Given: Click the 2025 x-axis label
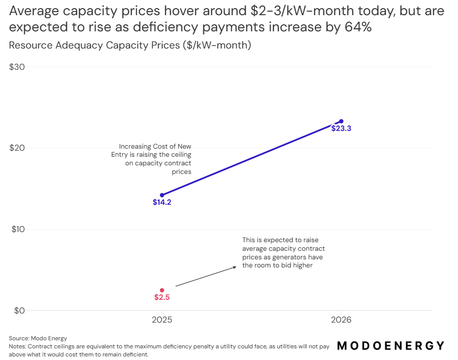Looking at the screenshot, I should tap(162, 320).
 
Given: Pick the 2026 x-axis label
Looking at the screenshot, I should tap(341, 320).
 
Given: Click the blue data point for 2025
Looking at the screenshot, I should tap(162, 195).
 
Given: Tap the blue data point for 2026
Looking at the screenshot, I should tap(341, 121).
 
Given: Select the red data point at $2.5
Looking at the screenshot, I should tap(162, 290).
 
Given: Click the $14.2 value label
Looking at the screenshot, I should tap(162, 203).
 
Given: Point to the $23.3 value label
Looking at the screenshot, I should tap(341, 129).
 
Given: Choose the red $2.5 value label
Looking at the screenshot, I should tap(162, 298).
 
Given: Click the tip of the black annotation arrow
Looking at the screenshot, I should tap(236, 267).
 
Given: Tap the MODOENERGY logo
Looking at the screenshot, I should tap(390, 346).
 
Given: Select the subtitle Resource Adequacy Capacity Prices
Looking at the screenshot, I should tap(130, 46).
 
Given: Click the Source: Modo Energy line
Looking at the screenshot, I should tap(38, 338).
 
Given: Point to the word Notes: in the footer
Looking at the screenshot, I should tap(18, 346).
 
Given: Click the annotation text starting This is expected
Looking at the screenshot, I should tap(283, 253).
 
